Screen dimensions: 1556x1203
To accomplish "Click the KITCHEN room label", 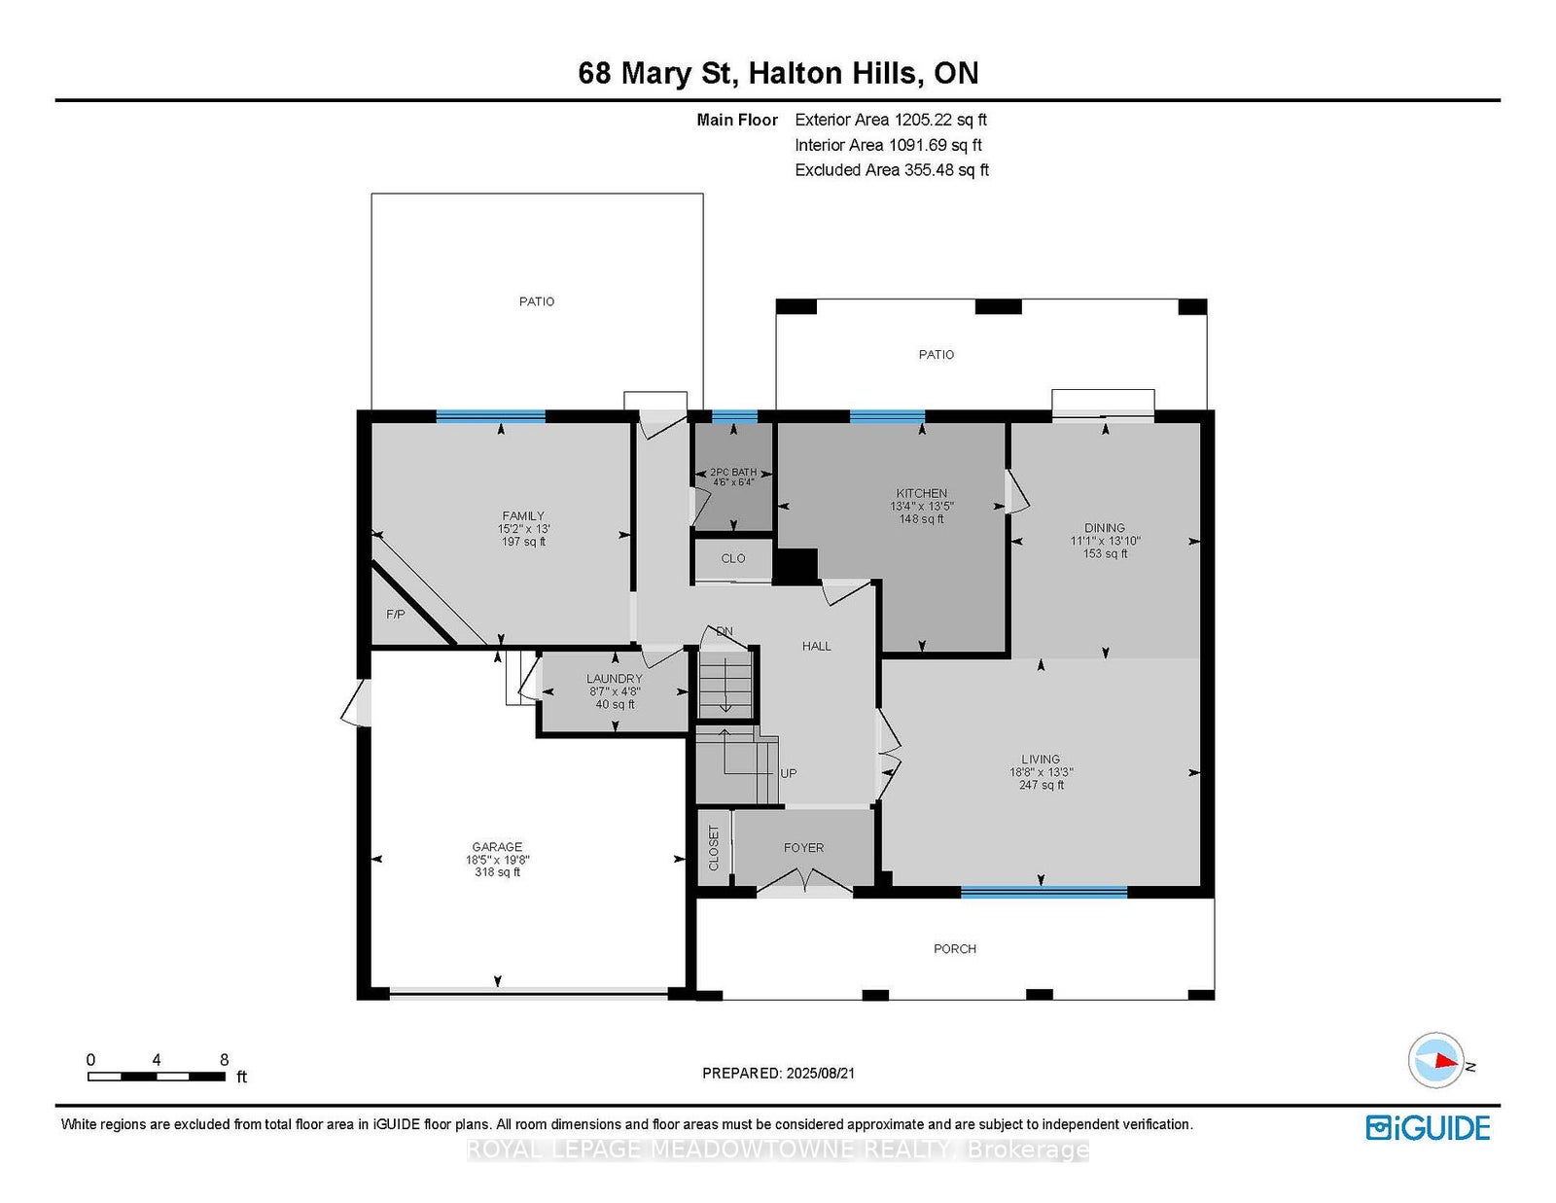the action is pyautogui.click(x=922, y=493).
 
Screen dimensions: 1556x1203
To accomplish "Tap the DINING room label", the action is pyautogui.click(x=1105, y=528).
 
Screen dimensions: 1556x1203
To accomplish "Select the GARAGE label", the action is pyautogui.click(x=497, y=846).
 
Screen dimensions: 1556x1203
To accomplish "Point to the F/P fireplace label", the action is pyautogui.click(x=395, y=615).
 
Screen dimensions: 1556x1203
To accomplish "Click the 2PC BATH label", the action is pyautogui.click(x=733, y=472).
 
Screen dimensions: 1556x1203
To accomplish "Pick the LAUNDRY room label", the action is pyautogui.click(x=615, y=678).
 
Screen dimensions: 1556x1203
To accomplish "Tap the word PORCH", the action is pyautogui.click(x=955, y=949).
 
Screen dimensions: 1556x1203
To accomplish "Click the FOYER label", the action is pyautogui.click(x=803, y=848).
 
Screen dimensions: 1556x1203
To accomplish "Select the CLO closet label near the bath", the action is pyautogui.click(x=733, y=558).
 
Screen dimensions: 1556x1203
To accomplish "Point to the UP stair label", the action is pyautogui.click(x=789, y=773).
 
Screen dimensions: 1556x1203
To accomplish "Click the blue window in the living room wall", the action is pyautogui.click(x=1043, y=892).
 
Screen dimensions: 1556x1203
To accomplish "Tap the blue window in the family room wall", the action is pyautogui.click(x=490, y=416).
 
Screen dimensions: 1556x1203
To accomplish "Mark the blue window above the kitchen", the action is pyautogui.click(x=887, y=416).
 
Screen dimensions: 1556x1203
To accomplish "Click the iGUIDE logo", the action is pyautogui.click(x=1428, y=1128).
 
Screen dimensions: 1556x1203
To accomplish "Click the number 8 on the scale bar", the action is pyautogui.click(x=224, y=1060).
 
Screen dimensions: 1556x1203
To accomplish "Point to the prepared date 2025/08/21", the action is pyautogui.click(x=821, y=1073).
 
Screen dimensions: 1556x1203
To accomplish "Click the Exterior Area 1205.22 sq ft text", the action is pyautogui.click(x=891, y=120).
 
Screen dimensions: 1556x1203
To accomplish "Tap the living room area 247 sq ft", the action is pyautogui.click(x=1042, y=785).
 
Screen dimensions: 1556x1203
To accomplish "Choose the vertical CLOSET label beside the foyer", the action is pyautogui.click(x=713, y=848).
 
